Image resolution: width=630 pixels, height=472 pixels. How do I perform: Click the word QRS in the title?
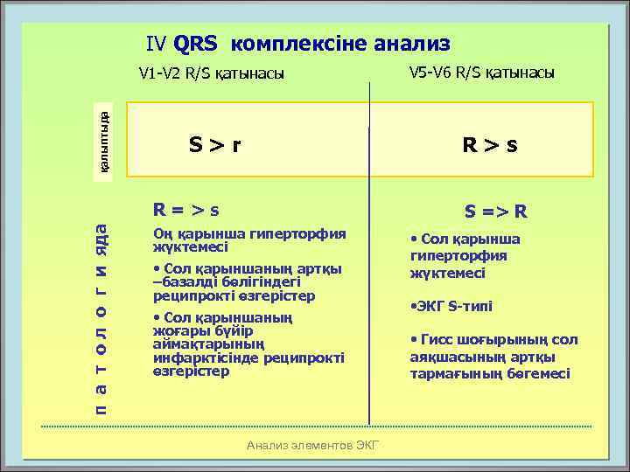[x=199, y=43]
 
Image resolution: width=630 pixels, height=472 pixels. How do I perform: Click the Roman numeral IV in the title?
[x=157, y=43]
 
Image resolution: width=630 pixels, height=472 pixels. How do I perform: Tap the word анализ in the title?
[x=410, y=43]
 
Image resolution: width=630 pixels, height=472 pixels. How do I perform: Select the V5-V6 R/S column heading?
[x=481, y=73]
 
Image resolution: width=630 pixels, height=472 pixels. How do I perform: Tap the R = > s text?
[x=185, y=210]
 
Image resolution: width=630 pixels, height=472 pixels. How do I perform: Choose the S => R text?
[x=495, y=211]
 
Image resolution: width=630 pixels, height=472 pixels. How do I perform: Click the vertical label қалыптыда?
[x=104, y=142]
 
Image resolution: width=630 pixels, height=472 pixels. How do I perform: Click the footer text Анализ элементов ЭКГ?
[x=312, y=445]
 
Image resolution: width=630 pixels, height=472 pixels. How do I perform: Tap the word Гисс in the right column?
[x=437, y=340]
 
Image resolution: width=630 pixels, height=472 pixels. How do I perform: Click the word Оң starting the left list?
[x=163, y=233]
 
